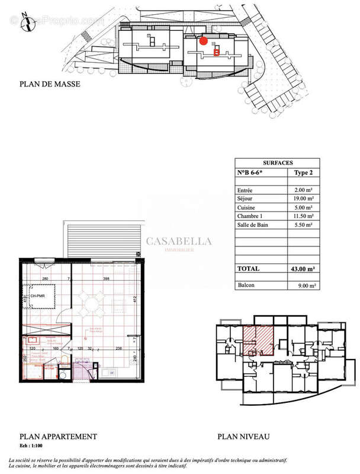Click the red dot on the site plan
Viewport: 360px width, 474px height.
tap(203, 41)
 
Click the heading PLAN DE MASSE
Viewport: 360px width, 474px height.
tap(50, 84)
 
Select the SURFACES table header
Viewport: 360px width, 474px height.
tap(277, 162)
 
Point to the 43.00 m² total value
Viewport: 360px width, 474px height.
tap(303, 268)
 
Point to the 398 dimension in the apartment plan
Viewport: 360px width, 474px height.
tap(107, 278)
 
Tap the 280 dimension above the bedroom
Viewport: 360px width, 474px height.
tap(44, 278)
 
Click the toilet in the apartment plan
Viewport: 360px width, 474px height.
tap(63, 373)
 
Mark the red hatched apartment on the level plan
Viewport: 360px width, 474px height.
tap(258, 341)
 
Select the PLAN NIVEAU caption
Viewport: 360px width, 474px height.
tap(243, 437)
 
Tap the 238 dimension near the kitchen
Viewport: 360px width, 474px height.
tap(119, 349)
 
